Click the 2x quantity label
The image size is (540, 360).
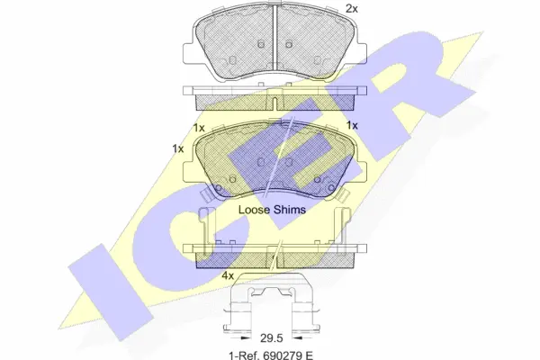pyautogui.click(x=352, y=8)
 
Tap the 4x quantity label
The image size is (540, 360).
pyautogui.click(x=228, y=275)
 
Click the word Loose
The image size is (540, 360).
pyautogui.click(x=254, y=210)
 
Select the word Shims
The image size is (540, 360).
pyautogui.click(x=290, y=210)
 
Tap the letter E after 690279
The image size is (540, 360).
pyautogui.click(x=309, y=355)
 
